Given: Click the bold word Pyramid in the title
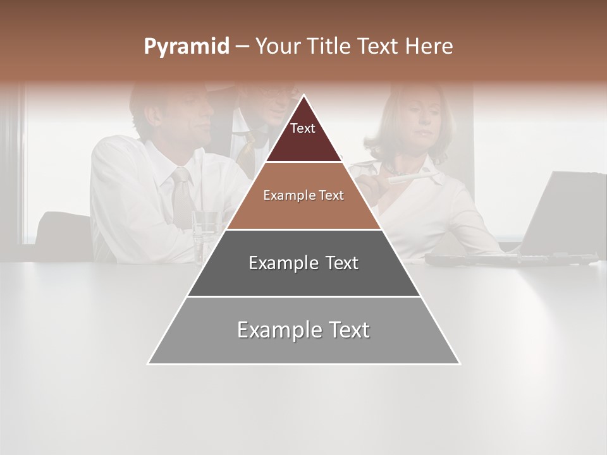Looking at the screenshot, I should [x=186, y=47].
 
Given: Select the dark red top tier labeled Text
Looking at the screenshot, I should [x=303, y=136].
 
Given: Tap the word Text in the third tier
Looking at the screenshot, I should [x=340, y=263].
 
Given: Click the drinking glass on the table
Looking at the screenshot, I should [x=205, y=234].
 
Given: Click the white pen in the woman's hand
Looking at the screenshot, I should [x=405, y=179].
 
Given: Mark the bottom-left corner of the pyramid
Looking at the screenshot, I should [x=148, y=363].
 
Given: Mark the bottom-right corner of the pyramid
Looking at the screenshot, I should [x=460, y=363].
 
